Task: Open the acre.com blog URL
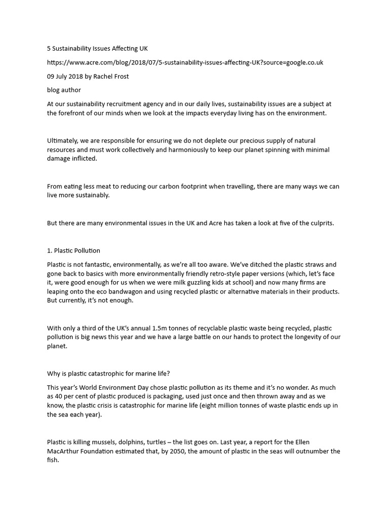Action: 185,62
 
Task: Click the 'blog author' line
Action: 64,90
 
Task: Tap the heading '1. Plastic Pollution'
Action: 73,250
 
